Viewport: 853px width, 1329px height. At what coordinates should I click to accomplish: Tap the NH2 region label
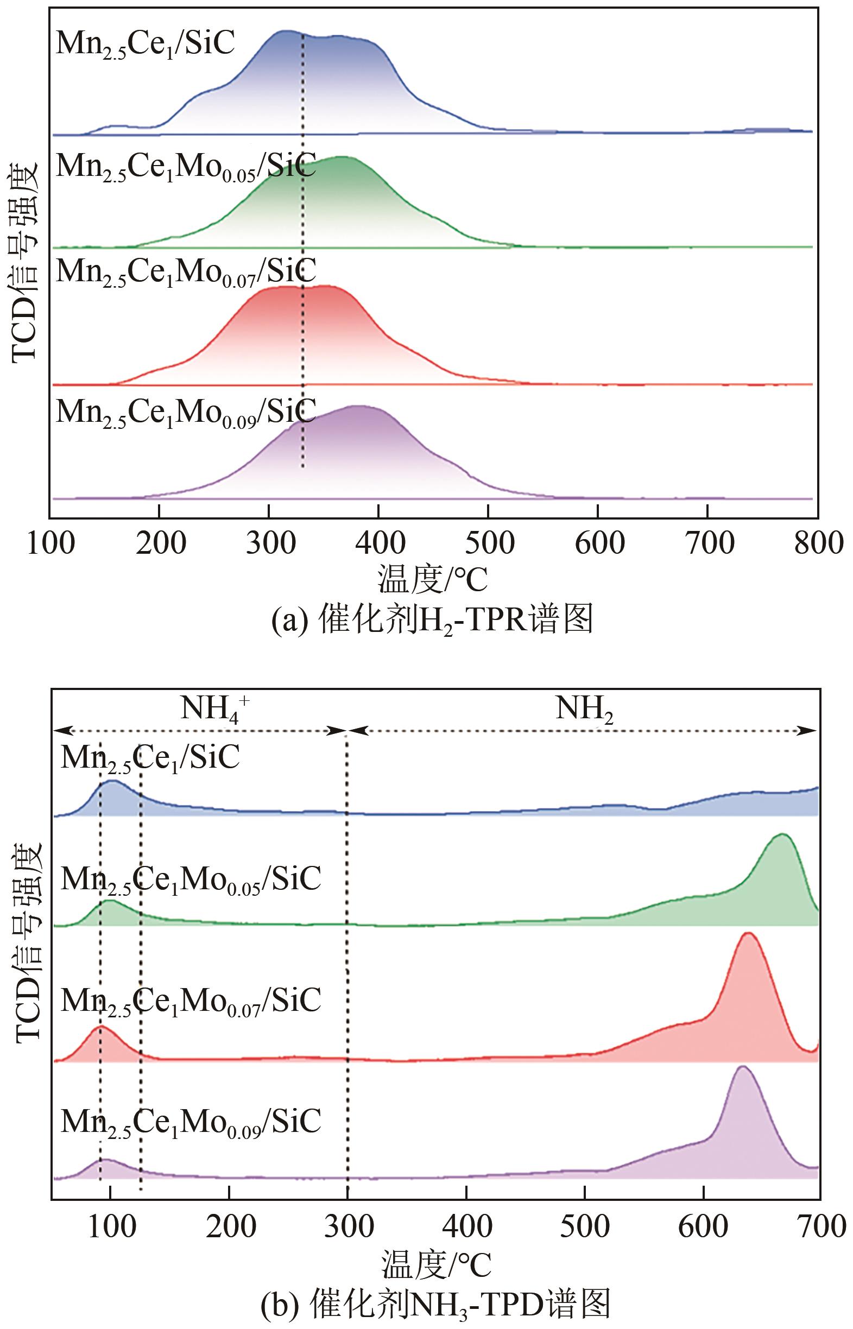584,710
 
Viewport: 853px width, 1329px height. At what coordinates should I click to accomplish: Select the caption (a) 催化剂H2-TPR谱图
432,619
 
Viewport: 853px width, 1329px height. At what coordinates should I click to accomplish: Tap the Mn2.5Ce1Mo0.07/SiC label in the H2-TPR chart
186,272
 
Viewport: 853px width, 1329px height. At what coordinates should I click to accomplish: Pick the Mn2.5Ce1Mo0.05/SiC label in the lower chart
191,879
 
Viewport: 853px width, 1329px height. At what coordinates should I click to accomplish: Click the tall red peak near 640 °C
748,936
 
